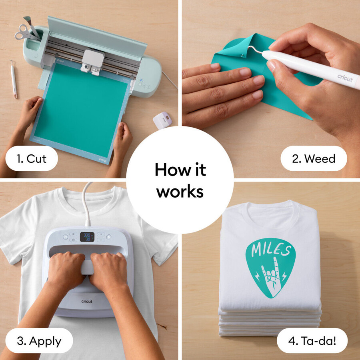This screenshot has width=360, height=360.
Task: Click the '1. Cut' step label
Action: [x=32, y=158]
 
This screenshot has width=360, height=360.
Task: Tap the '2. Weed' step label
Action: [x=314, y=158]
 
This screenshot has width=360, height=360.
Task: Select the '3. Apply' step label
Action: [x=39, y=341]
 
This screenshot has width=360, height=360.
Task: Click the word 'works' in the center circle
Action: [x=180, y=191]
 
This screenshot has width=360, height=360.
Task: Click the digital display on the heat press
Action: [x=87, y=237]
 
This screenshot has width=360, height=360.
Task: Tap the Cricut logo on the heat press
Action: [x=87, y=301]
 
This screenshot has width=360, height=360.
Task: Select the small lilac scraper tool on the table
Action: [x=162, y=120]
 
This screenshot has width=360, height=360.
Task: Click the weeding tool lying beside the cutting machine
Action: [x=13, y=79]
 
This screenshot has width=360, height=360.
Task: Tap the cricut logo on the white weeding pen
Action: [x=345, y=78]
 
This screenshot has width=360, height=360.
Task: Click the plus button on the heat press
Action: [x=101, y=234]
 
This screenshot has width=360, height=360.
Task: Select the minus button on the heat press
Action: [x=101, y=240]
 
